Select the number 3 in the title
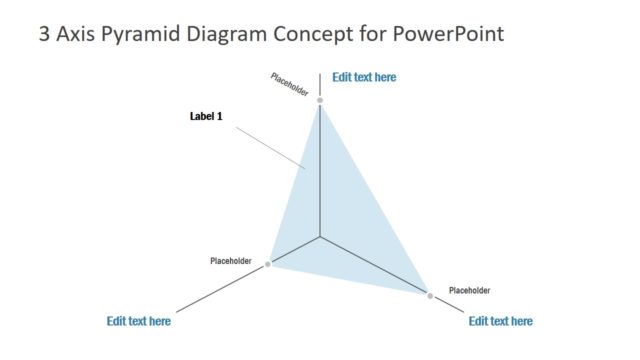click(44, 35)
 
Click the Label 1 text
click(206, 116)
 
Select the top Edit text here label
click(364, 76)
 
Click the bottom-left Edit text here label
click(138, 321)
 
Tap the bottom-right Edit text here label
click(500, 321)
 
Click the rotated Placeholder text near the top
click(290, 86)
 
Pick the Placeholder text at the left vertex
click(231, 261)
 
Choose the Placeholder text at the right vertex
click(469, 290)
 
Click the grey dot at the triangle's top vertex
click(320, 101)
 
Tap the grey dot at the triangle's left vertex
click(268, 264)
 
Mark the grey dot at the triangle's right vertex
click(430, 296)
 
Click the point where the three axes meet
click(320, 237)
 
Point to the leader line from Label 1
click(267, 147)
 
